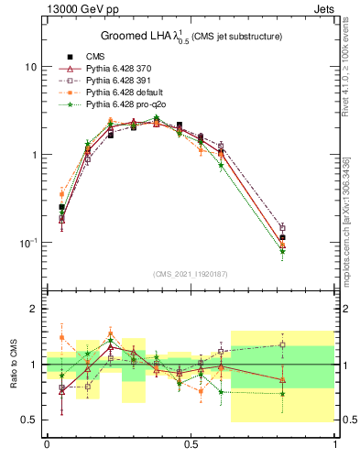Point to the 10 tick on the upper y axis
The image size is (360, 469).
(31, 68)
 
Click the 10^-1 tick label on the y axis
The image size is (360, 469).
(28, 242)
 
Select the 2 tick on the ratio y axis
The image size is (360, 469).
(35, 310)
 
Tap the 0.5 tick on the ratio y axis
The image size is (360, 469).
(30, 420)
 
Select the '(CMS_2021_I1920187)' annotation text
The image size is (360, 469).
(191, 274)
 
